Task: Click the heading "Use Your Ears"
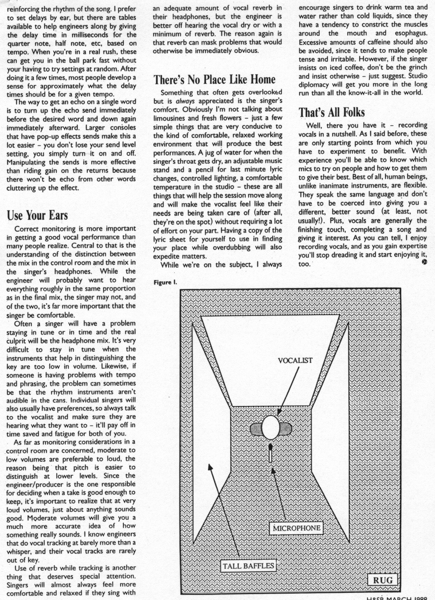37,215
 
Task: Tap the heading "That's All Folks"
332,112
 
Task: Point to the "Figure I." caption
165,282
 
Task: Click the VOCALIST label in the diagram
295,361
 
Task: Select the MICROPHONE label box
297,528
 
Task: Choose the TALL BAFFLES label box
248,566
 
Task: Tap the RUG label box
383,580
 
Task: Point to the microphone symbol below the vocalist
270,453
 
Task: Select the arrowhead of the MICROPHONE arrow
273,470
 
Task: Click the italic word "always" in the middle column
185,101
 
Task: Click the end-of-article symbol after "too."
425,262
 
